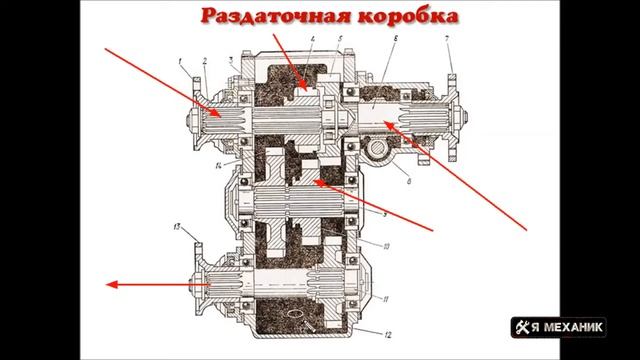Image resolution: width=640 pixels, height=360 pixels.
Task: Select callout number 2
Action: pos(204,61)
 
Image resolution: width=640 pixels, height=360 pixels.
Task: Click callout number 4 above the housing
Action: pos(313,41)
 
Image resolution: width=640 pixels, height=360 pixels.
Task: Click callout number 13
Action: pos(179,230)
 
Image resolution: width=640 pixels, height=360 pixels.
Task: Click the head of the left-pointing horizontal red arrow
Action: pos(109,285)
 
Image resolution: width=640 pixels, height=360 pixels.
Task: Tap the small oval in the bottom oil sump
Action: pos(300,313)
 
